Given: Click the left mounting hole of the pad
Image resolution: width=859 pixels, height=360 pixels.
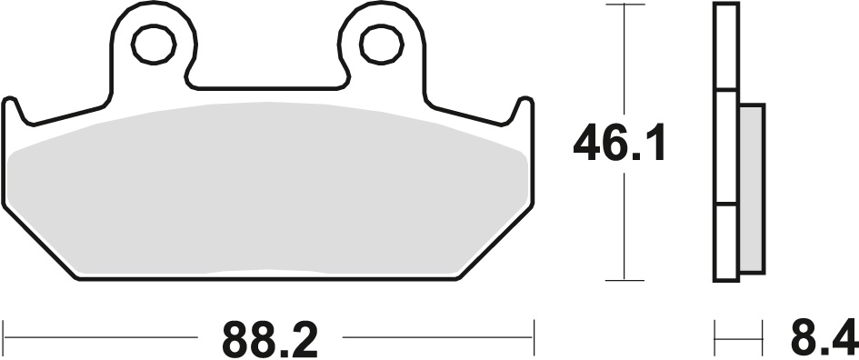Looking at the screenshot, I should point(153,43).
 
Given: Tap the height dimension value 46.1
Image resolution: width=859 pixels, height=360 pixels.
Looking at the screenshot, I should point(620,145).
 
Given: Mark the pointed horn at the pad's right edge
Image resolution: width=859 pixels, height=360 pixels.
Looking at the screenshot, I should point(524,102).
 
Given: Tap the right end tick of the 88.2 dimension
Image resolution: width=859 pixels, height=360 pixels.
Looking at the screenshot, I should point(534,339).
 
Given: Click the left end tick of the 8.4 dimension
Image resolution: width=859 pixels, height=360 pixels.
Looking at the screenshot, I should point(715,339).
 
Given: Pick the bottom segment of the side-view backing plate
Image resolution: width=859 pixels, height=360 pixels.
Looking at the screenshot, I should point(725,240).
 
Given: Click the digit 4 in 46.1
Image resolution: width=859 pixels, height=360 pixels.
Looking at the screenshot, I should point(589,145).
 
